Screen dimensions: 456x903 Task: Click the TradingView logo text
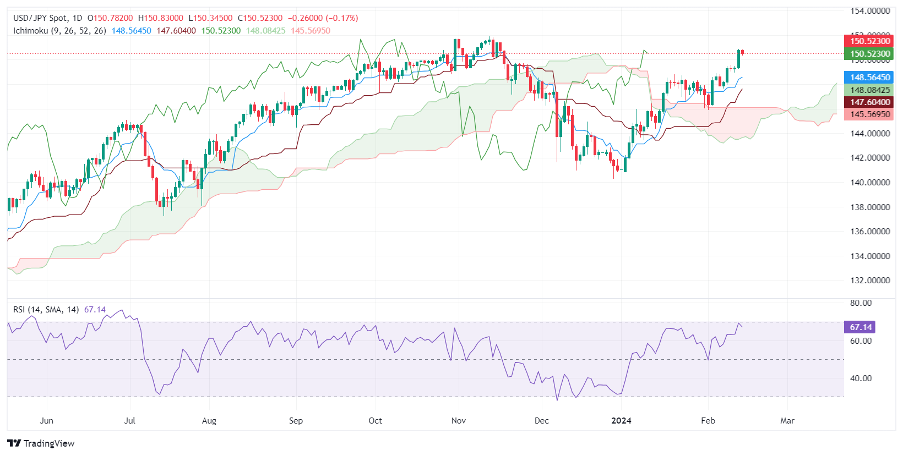pos(48,443)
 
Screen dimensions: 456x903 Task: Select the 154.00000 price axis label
pos(870,11)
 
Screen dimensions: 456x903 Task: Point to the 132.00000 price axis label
pos(870,281)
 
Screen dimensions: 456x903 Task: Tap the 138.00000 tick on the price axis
pos(870,207)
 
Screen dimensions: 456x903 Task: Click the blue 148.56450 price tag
pos(870,78)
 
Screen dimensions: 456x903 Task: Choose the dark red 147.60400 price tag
pos(870,102)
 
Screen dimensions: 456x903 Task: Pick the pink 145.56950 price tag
pos(870,114)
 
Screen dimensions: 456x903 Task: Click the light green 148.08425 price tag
pos(870,90)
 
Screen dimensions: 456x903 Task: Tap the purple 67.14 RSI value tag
pos(860,327)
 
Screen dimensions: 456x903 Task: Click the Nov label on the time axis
pos(458,421)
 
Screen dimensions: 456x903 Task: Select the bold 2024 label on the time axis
pos(622,421)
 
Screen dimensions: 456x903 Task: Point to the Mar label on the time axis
pos(787,421)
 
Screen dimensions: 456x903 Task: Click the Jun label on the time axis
pos(47,421)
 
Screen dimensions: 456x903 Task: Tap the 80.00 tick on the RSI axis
pos(861,303)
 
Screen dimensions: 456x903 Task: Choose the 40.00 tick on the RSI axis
pos(861,378)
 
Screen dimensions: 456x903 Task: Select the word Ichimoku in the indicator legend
pos(31,31)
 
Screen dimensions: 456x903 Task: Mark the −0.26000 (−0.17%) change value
pos(323,18)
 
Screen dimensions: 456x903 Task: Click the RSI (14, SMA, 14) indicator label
pos(46,310)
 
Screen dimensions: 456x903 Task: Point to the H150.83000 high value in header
pos(161,18)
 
